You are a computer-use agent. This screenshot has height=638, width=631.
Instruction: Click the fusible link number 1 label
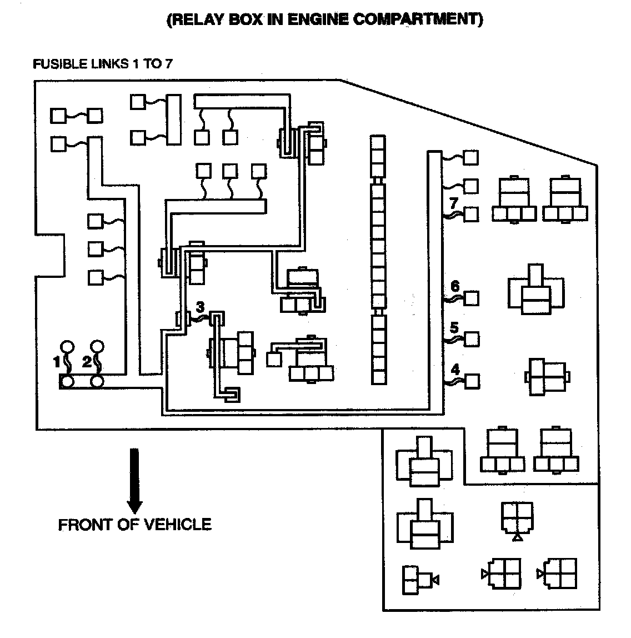[x=56, y=362]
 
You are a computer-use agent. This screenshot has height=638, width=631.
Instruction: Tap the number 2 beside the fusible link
[x=87, y=362]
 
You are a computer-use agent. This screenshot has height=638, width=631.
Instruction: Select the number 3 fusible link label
[x=201, y=307]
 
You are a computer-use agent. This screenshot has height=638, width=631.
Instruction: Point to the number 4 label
[x=455, y=368]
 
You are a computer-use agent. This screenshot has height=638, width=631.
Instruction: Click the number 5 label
[x=454, y=327]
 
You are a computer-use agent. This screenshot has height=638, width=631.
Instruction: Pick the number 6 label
[x=455, y=286]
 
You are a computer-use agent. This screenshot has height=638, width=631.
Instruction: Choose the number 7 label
[x=454, y=202]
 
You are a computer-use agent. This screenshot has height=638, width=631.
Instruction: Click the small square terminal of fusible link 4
[x=472, y=381]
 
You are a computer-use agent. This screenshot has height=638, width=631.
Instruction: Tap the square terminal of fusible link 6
[x=472, y=298]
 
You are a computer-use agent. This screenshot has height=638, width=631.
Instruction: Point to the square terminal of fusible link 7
[x=471, y=214]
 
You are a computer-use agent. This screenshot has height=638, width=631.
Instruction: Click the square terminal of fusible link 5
[x=472, y=338]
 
